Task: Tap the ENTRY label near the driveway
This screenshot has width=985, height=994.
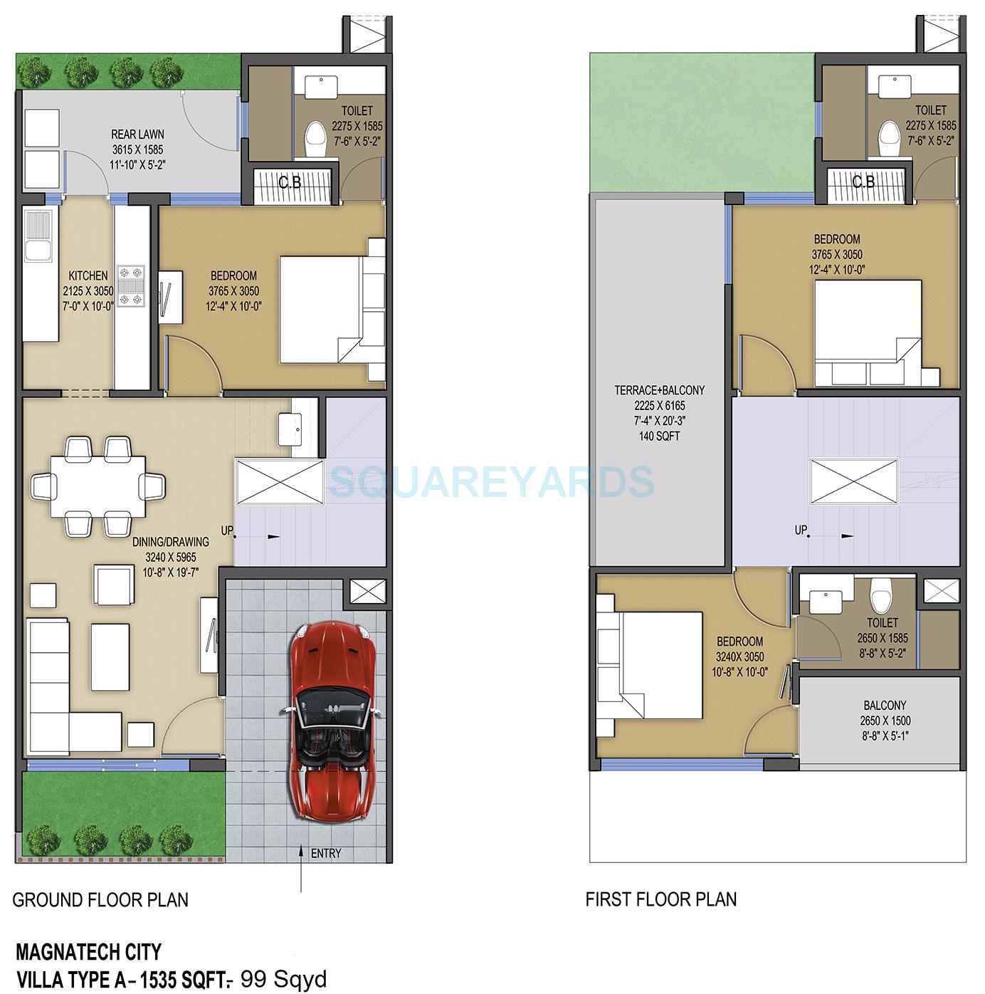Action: pos(326,853)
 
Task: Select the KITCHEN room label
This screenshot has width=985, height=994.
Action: pos(88,276)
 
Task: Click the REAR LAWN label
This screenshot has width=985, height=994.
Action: pos(137,134)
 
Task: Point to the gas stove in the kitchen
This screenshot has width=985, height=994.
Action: pos(131,286)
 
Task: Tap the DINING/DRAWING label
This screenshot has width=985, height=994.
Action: pos(171,542)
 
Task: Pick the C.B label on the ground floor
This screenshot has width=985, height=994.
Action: pos(290,183)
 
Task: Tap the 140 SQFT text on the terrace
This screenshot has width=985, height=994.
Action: pos(659,435)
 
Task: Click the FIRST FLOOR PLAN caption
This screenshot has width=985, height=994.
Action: pos(660,899)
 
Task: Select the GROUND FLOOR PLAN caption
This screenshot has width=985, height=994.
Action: pos(100,900)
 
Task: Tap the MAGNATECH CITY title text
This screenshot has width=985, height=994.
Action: pos(88,951)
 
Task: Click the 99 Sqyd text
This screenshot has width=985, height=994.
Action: pos(284,978)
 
